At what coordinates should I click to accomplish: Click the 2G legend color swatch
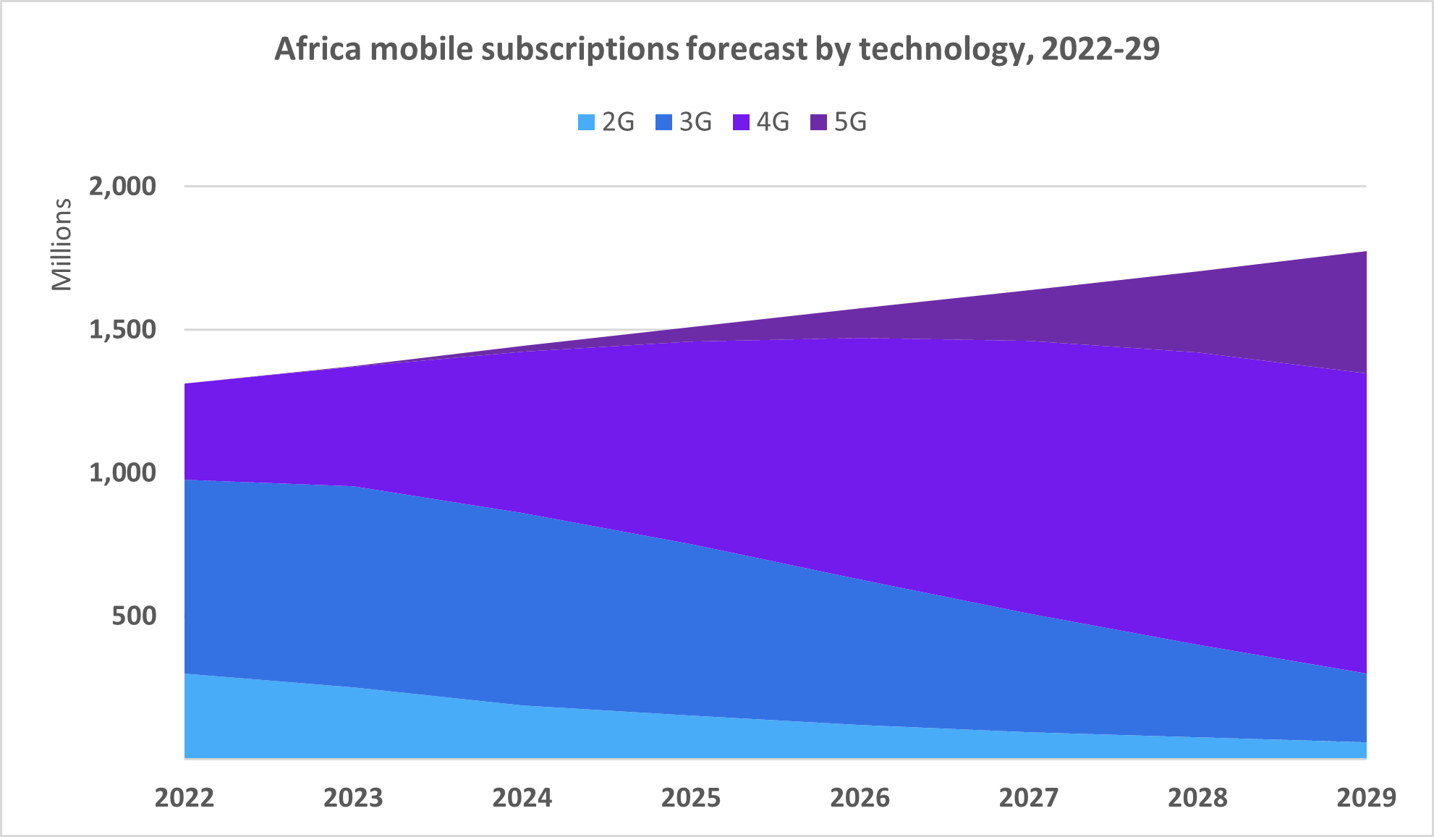pyautogui.click(x=586, y=122)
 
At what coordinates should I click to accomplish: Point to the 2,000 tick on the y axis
pyautogui.click(x=122, y=186)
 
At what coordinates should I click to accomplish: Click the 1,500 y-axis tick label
pyautogui.click(x=122, y=330)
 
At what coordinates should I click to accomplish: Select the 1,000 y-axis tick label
pyautogui.click(x=122, y=472)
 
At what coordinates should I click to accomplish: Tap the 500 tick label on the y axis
pyautogui.click(x=134, y=616)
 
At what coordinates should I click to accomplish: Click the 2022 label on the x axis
pyautogui.click(x=184, y=797)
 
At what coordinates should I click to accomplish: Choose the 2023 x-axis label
pyautogui.click(x=353, y=797)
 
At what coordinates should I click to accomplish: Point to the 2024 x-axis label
pyautogui.click(x=522, y=797)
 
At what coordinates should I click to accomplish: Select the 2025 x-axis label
pyautogui.click(x=691, y=797)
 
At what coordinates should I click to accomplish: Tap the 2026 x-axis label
pyautogui.click(x=860, y=797)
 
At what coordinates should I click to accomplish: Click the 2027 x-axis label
pyautogui.click(x=1028, y=797)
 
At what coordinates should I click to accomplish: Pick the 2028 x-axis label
pyautogui.click(x=1197, y=797)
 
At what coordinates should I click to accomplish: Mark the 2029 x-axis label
pyautogui.click(x=1366, y=797)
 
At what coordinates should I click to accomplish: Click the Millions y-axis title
pyautogui.click(x=62, y=245)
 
